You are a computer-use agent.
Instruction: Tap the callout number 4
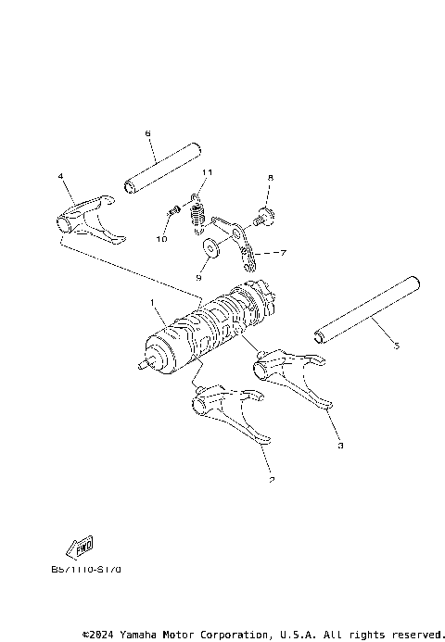[60, 175]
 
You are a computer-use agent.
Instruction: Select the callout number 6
[147, 133]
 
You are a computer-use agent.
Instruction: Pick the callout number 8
[271, 177]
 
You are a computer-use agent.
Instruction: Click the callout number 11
[208, 172]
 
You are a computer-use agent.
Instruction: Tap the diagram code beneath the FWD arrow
[86, 569]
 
